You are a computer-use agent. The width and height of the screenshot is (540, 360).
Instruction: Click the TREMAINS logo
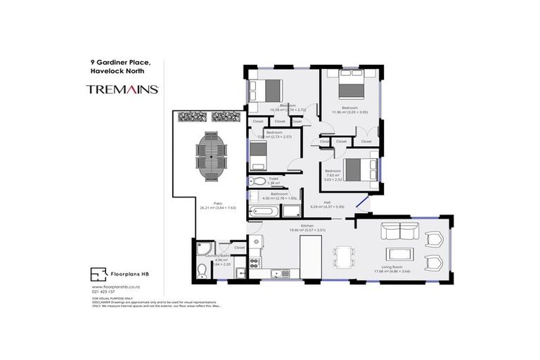[x=122, y=89]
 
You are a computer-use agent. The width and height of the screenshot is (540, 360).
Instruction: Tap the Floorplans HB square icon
[x=98, y=274]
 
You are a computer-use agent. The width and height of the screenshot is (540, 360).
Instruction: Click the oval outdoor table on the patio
[x=210, y=157]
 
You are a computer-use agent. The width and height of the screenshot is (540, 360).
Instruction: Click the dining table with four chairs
[x=345, y=257]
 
